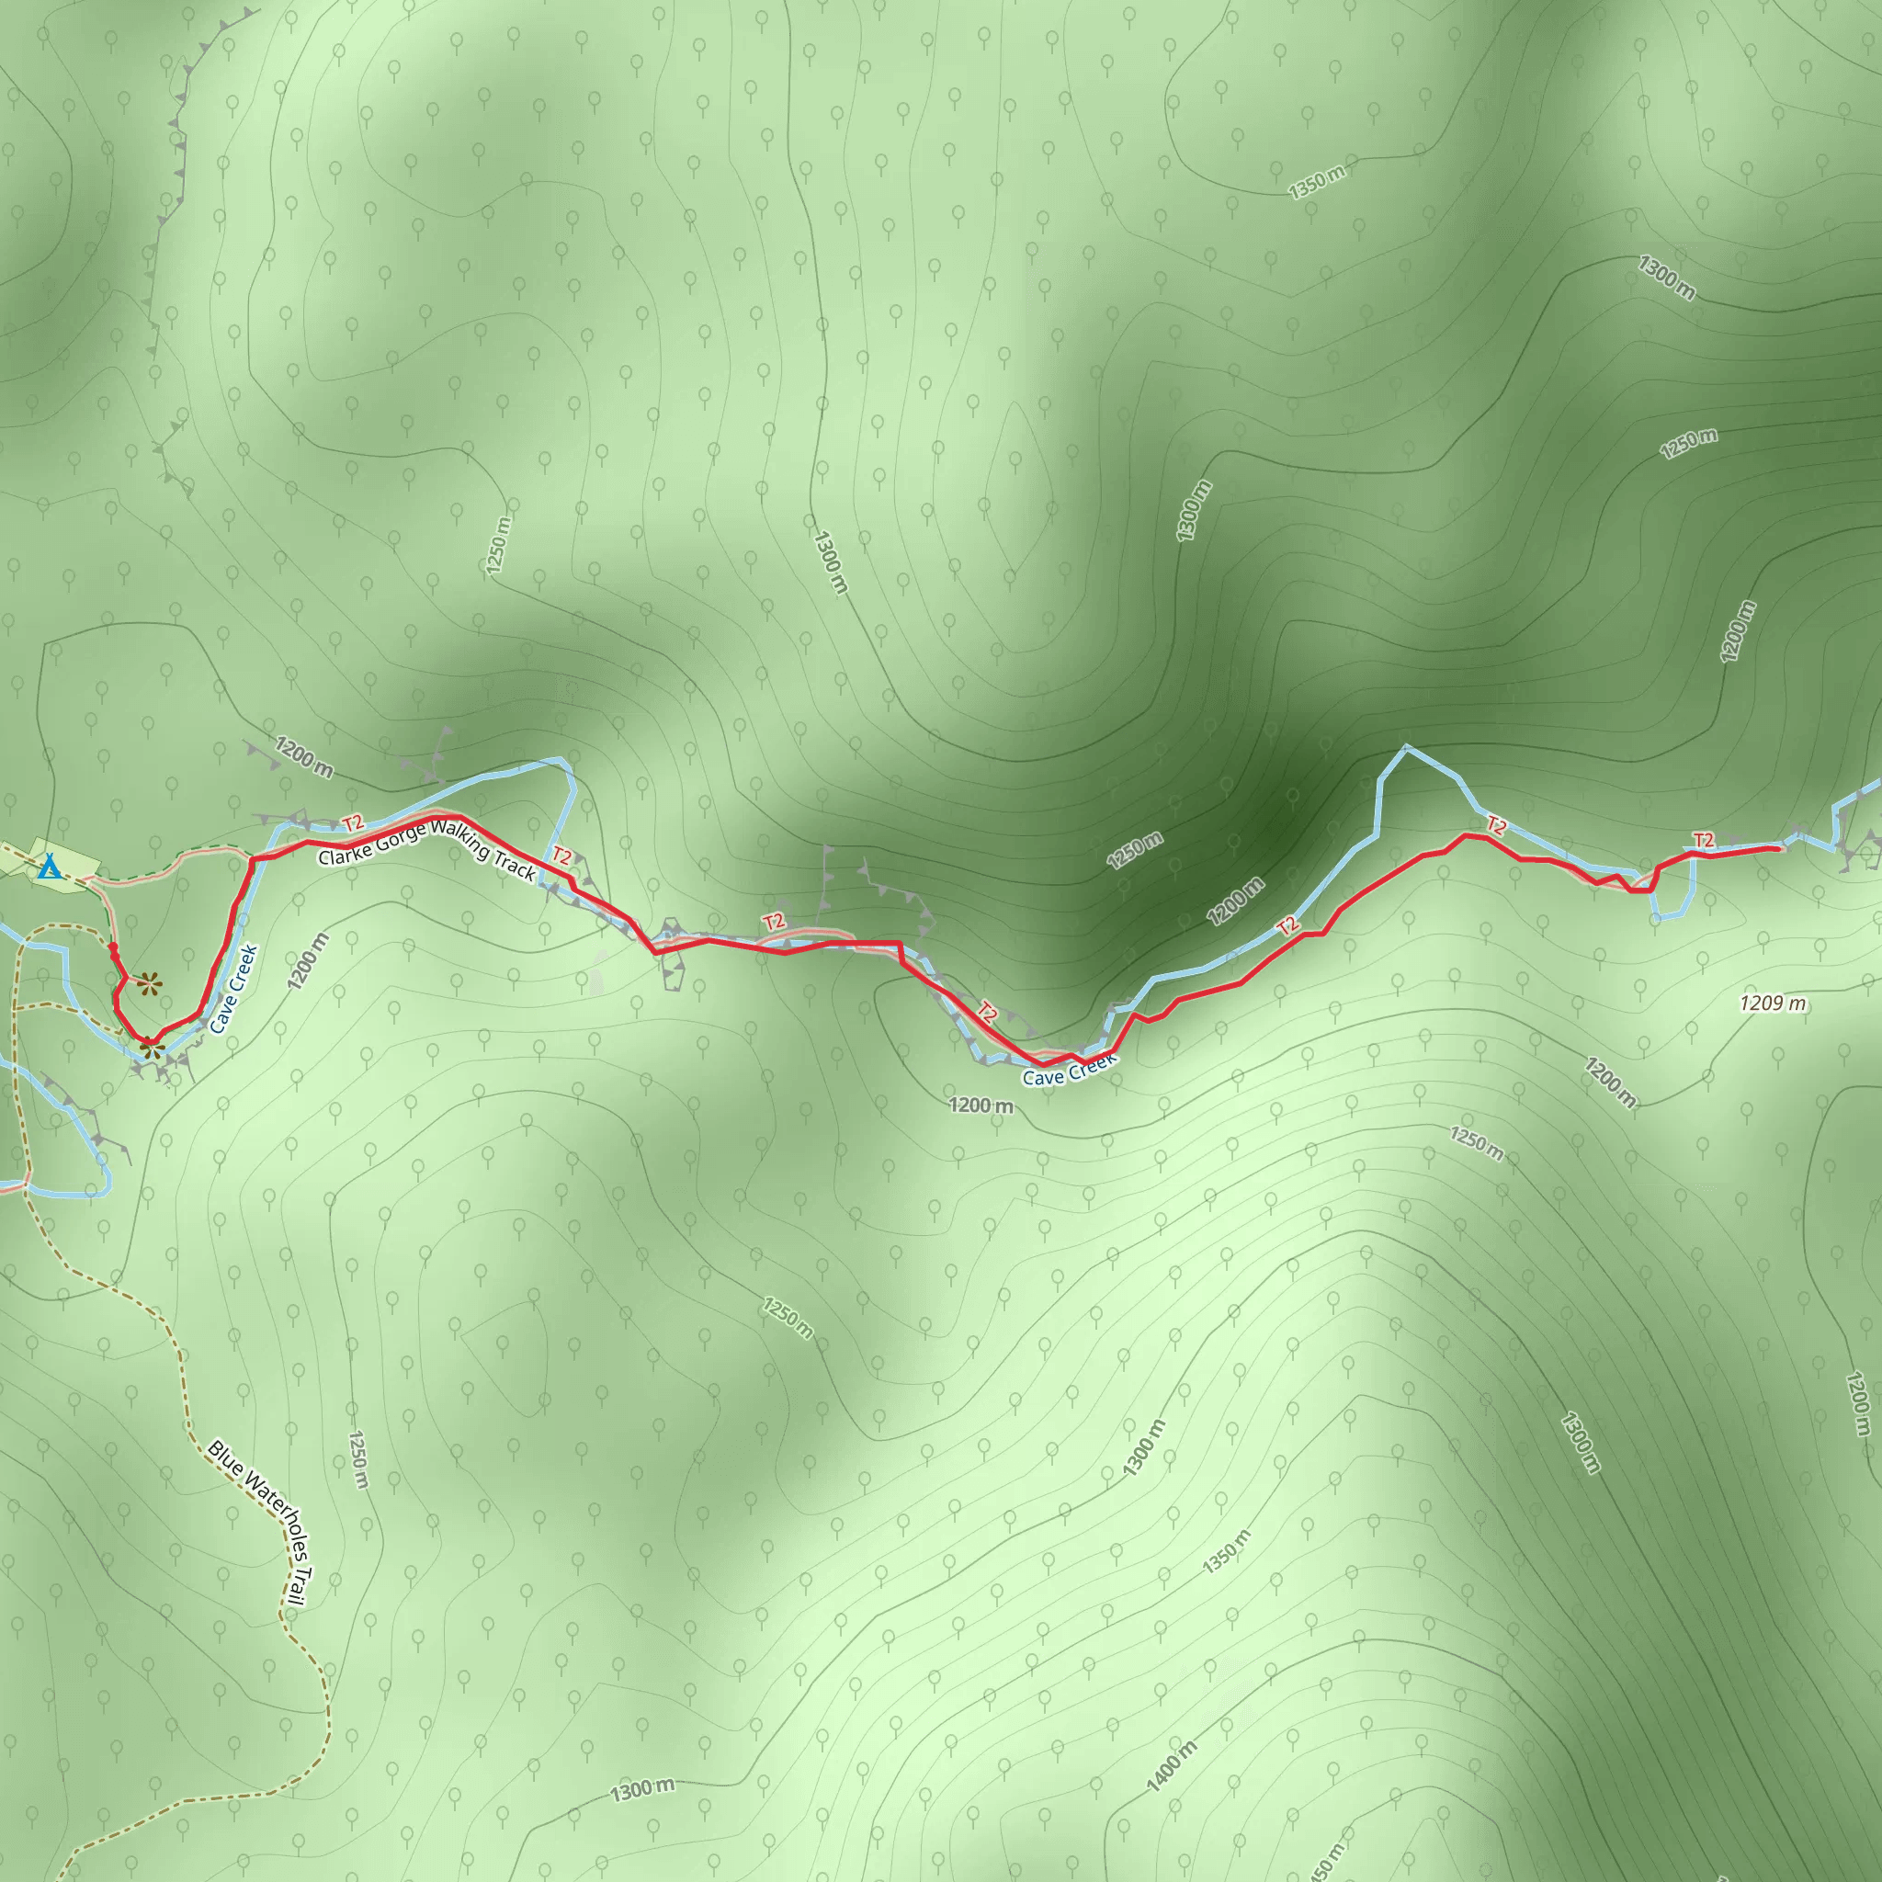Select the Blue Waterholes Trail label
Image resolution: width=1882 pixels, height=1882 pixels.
[258, 1524]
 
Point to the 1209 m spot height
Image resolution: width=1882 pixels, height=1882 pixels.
[1772, 1003]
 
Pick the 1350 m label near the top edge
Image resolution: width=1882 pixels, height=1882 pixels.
[1316, 182]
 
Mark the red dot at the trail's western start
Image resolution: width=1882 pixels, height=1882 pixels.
[113, 947]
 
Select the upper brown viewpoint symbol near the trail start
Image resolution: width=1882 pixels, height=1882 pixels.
[148, 984]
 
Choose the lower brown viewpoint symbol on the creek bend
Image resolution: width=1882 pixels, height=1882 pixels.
[149, 1049]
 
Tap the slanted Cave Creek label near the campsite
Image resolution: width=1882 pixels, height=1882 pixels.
[233, 989]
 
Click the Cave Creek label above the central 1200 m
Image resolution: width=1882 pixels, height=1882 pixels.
[1068, 1071]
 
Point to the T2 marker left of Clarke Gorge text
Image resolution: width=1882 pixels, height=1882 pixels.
[353, 825]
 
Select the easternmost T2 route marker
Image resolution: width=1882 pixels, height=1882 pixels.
[1703, 840]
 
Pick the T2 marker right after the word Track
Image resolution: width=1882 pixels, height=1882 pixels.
[562, 856]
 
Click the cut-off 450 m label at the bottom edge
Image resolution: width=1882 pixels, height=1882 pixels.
[1328, 1862]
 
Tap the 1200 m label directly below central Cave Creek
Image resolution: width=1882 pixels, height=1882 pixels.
[981, 1105]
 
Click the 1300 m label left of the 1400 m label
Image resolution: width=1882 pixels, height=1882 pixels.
[642, 1789]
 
